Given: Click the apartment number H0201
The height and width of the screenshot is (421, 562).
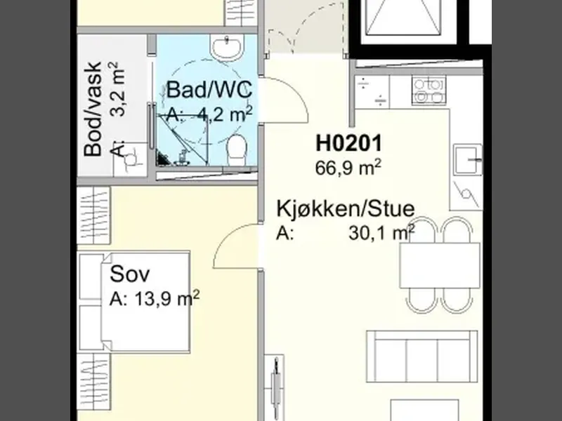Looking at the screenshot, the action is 348,143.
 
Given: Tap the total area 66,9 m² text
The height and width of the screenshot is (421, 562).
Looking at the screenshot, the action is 348,168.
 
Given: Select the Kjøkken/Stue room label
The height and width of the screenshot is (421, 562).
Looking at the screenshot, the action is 346,208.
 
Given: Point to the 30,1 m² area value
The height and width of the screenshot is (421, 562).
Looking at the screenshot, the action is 381,233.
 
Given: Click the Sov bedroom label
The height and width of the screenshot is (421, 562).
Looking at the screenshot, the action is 130,274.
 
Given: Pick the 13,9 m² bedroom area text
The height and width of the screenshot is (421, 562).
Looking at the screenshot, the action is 167,298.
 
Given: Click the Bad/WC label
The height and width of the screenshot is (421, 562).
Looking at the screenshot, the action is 209,90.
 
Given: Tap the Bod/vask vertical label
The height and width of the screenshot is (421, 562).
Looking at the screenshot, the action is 93,109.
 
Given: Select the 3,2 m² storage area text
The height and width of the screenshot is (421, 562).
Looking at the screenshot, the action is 118,89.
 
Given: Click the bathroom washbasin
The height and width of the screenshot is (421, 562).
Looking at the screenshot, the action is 227,48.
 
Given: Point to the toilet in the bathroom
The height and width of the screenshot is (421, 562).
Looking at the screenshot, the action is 236,150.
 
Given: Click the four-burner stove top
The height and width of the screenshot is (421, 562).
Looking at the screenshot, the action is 429,91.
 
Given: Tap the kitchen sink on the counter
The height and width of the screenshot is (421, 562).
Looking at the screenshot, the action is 467,160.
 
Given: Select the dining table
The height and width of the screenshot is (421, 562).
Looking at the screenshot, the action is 440,265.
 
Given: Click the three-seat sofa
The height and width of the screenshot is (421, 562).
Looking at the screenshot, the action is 422,356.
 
